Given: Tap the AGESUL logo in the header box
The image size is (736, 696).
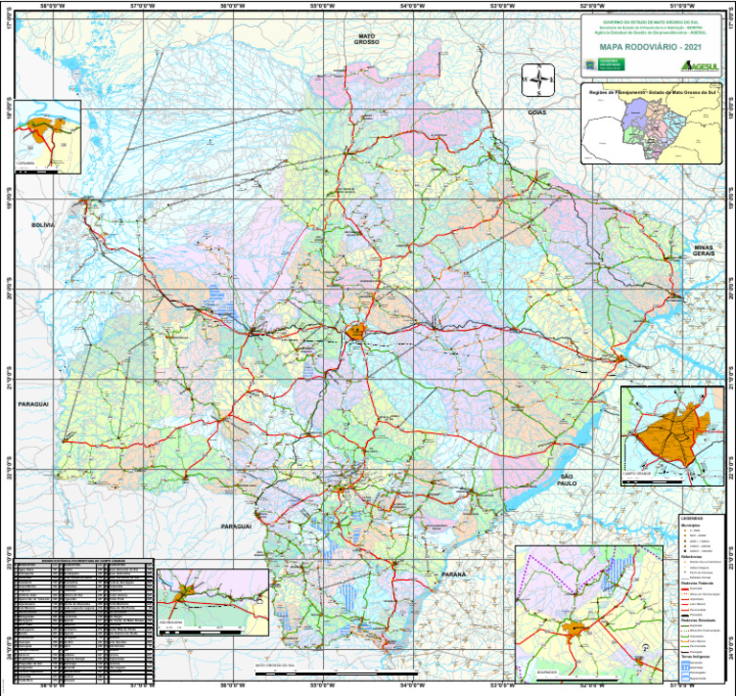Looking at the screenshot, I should tap(698, 65).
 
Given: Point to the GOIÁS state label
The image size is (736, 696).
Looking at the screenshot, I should tap(538, 112).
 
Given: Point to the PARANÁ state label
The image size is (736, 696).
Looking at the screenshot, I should tap(453, 573).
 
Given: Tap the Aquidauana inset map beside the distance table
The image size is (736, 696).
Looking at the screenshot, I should tap(212, 600).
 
